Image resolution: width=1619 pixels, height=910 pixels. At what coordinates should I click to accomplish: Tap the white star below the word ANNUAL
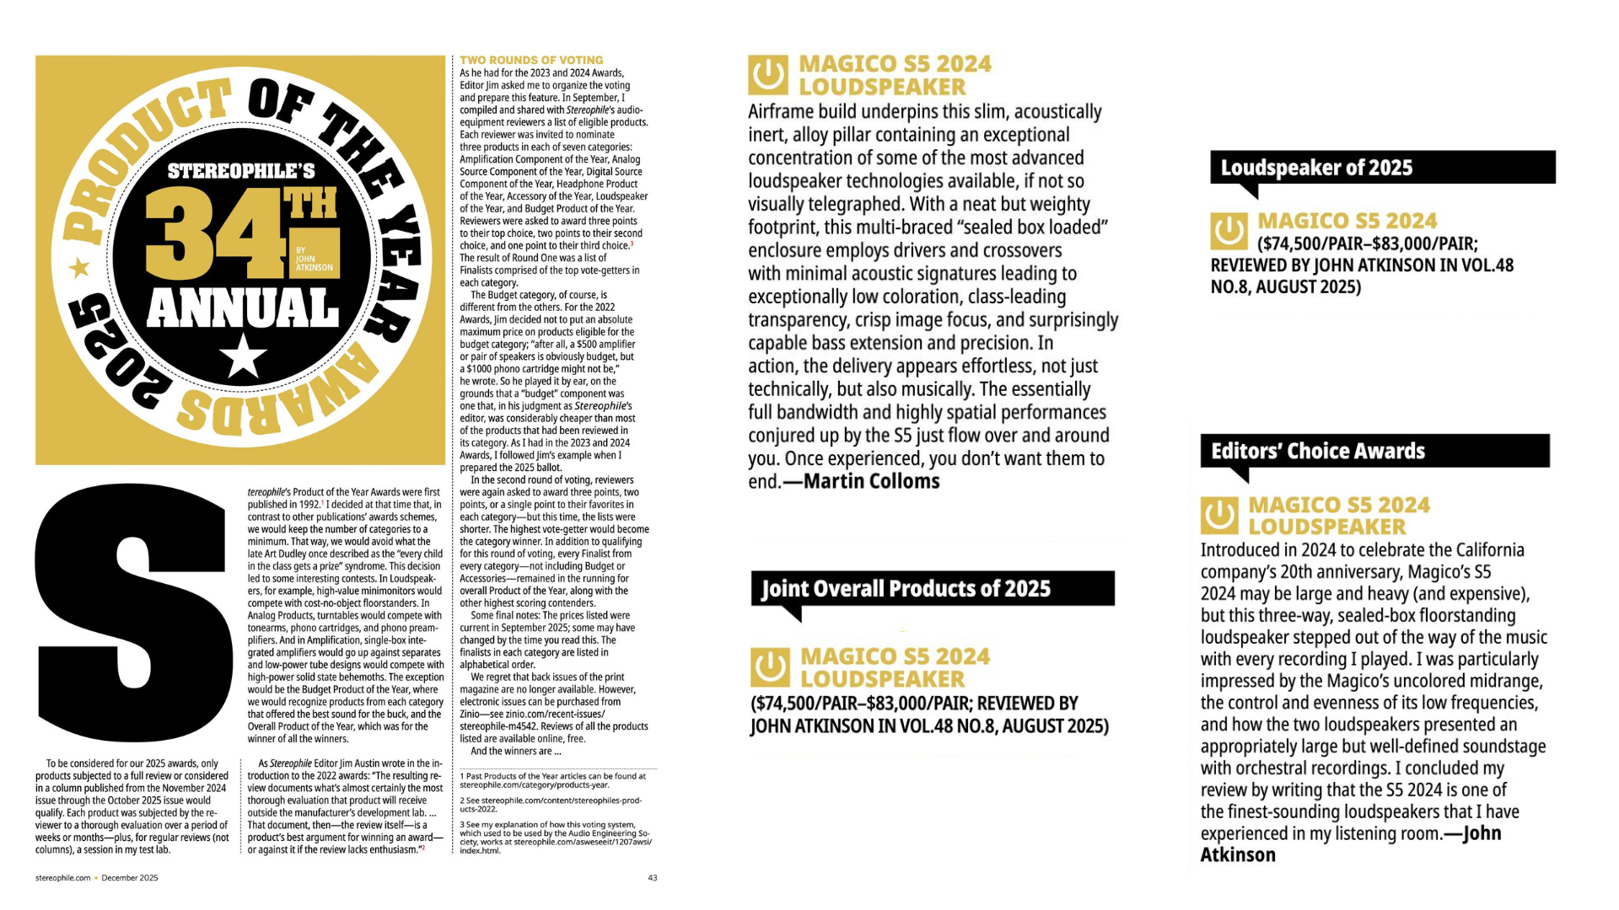point(244,356)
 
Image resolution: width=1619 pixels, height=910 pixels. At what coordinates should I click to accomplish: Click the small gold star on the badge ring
point(79,269)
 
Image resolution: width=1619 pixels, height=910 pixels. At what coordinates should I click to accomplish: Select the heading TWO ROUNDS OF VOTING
point(531,60)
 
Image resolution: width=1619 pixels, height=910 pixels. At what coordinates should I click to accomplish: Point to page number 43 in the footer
point(652,877)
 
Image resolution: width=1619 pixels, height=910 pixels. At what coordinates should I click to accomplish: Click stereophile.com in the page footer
point(62,877)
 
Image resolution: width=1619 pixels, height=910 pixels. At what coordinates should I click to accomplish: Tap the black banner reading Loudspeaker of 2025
point(1381,168)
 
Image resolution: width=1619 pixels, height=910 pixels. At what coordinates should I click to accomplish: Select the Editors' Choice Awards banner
point(1374,451)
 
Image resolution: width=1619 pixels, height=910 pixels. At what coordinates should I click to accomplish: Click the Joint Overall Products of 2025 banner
point(932,588)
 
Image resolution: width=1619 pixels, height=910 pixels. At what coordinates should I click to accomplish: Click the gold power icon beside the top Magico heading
point(768,76)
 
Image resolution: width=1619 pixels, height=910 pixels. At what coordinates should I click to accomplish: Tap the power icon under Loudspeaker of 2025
point(1229,231)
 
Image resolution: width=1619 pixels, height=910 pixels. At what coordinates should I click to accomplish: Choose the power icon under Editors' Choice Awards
point(1219,515)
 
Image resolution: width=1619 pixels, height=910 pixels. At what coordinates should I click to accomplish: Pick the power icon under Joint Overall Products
point(770,667)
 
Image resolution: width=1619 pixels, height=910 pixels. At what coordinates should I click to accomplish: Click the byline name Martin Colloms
point(871,481)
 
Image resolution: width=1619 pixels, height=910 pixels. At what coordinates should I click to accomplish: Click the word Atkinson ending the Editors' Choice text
point(1237,855)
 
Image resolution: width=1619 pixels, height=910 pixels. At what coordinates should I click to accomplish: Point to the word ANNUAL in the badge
point(243,308)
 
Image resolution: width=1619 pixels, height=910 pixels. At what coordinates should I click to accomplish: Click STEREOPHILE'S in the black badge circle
point(241,172)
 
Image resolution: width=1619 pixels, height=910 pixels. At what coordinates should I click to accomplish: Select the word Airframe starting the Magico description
point(784,112)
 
